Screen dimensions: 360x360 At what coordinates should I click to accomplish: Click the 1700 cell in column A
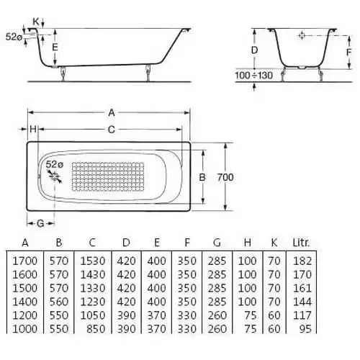point(24,261)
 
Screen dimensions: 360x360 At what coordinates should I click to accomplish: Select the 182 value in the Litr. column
point(302,261)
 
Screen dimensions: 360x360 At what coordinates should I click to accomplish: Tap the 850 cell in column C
point(96,329)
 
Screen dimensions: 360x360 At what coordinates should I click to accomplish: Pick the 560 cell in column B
point(59,302)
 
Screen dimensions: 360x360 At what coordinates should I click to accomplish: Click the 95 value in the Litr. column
point(305,329)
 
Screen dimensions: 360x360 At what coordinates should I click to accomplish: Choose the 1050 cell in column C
point(93,315)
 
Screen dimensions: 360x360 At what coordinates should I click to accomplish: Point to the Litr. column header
point(301,243)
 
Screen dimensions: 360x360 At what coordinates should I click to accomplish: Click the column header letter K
point(274,243)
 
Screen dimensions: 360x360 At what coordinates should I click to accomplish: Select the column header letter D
point(126,243)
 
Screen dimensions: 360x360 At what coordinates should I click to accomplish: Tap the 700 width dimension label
point(225,177)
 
